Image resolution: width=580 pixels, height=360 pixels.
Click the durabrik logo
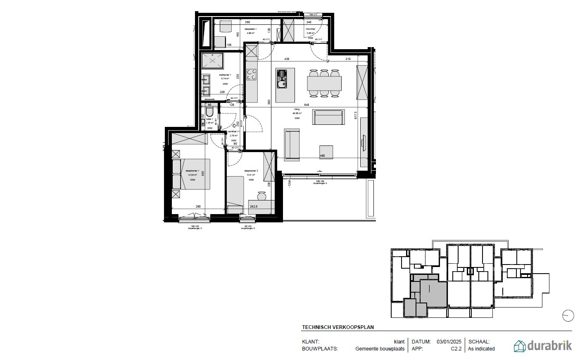pyautogui.click(x=542, y=346)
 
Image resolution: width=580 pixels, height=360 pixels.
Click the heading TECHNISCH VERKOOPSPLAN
pyautogui.click(x=338, y=327)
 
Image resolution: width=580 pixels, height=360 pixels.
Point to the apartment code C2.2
pyautogui.click(x=456, y=349)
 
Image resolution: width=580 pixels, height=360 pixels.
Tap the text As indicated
pyautogui.click(x=481, y=349)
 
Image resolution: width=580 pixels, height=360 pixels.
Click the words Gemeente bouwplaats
pyautogui.click(x=380, y=349)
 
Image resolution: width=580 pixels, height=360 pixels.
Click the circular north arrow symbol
pyautogui.click(x=568, y=316)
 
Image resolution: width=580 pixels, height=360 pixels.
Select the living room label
pyautogui.click(x=297, y=110)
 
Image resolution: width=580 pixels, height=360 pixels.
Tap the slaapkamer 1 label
pyautogui.click(x=192, y=171)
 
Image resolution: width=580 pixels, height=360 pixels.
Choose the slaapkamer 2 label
pyautogui.click(x=251, y=171)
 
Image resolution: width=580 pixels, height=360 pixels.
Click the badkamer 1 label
pyautogui.click(x=225, y=75)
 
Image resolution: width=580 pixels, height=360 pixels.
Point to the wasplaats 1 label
pyautogui.click(x=250, y=29)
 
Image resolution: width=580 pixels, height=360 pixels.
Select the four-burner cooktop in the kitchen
pyautogui.click(x=251, y=75)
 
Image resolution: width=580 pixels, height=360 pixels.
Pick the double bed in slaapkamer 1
pyautogui.click(x=192, y=174)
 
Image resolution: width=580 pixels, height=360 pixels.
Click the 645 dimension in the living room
pyautogui.click(x=307, y=105)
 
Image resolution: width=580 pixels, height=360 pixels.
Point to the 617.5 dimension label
pyautogui.click(x=356, y=116)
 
